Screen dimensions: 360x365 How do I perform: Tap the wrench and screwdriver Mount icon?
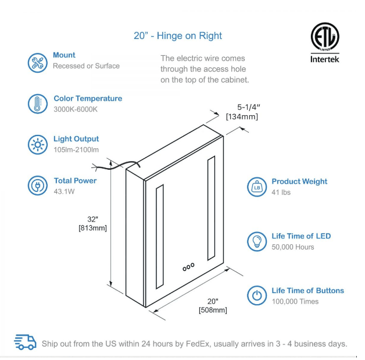click(x=37, y=62)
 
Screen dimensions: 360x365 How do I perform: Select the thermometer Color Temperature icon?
click(x=37, y=104)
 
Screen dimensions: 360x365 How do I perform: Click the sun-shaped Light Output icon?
click(x=37, y=144)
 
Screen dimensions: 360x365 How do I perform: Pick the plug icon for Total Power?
click(x=37, y=186)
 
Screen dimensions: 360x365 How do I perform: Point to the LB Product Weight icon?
click(x=256, y=187)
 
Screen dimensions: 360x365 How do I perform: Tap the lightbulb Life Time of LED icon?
click(x=256, y=241)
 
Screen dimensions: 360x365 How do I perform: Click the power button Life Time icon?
click(x=256, y=295)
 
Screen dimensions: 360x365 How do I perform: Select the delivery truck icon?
click(x=25, y=342)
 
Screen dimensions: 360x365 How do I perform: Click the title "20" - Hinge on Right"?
click(x=177, y=35)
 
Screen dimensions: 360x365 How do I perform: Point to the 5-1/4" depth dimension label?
click(x=248, y=107)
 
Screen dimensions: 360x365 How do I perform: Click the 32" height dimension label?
click(x=92, y=219)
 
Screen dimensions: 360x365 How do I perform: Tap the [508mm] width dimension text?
click(x=213, y=310)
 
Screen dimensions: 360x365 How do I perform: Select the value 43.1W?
click(x=65, y=191)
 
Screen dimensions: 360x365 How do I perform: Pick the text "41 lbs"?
click(x=281, y=192)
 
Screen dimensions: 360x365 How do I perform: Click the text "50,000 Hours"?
click(x=293, y=247)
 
